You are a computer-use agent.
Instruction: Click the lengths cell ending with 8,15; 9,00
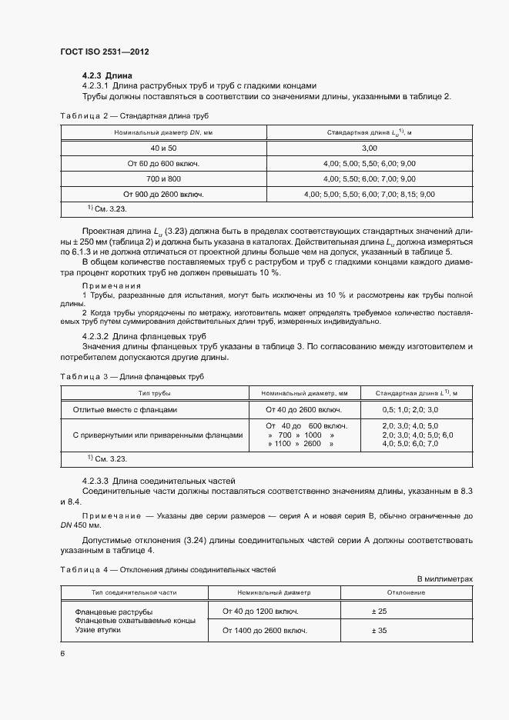pos(369,195)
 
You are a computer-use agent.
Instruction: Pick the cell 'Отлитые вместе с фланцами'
pos(125,410)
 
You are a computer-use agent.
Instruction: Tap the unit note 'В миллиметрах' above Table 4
pos(444,578)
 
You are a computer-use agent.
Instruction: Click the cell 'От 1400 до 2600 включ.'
pos(265,630)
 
